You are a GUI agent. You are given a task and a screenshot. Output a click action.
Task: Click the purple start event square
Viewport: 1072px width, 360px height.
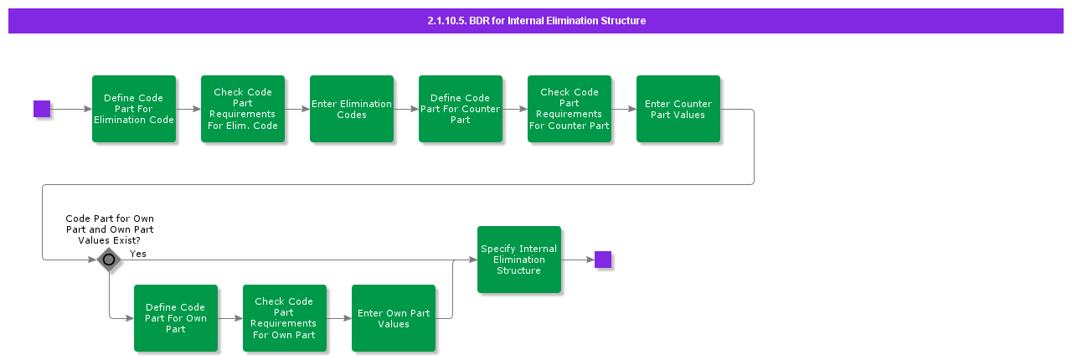pos(42,109)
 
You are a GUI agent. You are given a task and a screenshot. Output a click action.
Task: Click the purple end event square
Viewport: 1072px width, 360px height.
pos(603,260)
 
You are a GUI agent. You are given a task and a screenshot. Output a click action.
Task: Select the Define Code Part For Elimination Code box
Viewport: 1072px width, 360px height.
pos(134,109)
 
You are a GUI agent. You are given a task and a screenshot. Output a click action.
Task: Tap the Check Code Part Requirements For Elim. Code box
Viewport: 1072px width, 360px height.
pos(243,109)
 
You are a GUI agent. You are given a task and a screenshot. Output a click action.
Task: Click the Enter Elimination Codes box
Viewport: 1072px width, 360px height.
pos(352,109)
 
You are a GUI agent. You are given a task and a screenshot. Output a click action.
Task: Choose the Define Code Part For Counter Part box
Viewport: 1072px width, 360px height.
pos(461,109)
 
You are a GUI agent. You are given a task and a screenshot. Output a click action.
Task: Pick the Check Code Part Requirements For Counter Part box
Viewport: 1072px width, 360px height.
pos(569,109)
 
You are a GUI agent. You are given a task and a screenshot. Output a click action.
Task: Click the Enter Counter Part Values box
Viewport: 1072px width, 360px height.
pos(678,109)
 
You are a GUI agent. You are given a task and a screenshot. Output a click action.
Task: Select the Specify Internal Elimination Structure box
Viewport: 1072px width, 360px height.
pos(519,260)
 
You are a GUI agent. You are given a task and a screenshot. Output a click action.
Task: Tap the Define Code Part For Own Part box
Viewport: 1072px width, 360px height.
pos(176,318)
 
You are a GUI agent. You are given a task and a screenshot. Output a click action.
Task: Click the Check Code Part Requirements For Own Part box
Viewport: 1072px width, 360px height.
pos(285,318)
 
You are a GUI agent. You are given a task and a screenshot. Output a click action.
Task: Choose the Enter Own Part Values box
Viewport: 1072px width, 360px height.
pos(394,318)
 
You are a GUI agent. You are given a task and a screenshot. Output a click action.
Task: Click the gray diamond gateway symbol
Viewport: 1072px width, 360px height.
pos(109,260)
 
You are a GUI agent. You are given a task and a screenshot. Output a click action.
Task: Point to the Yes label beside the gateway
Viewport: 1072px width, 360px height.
pos(138,254)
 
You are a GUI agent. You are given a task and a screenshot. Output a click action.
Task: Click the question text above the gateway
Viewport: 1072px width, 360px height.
pos(110,229)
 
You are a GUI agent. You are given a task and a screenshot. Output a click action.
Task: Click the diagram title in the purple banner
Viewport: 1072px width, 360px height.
pos(536,21)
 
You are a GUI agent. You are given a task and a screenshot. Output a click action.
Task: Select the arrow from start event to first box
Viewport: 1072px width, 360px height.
pos(71,109)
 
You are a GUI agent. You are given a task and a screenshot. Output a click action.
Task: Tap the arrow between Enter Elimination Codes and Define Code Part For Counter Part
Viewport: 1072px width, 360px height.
pos(406,109)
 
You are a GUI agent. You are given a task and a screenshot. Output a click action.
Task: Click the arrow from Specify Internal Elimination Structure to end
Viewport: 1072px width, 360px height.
pos(578,260)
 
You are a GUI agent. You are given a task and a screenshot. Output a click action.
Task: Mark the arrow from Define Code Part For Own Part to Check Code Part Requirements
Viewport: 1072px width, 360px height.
pos(230,318)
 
